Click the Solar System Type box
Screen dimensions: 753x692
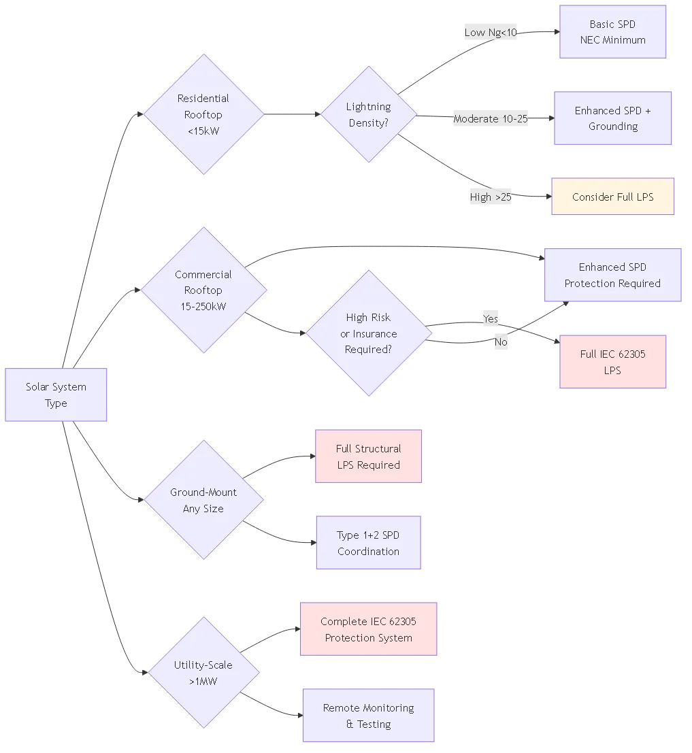[x=56, y=395]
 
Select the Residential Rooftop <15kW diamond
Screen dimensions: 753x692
[x=203, y=114]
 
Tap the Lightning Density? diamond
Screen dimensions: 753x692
[x=368, y=114]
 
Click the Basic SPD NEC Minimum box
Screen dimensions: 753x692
[x=612, y=32]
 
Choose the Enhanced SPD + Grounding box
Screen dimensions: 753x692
[x=612, y=118]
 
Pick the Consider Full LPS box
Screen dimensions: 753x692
[x=612, y=197]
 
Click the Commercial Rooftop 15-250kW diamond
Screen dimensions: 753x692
[x=203, y=290]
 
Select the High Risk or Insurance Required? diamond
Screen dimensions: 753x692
[x=368, y=333]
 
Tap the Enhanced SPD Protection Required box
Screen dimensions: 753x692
[x=612, y=275]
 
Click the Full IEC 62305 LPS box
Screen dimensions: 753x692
[x=612, y=362]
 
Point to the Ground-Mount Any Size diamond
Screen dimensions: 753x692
[x=203, y=500]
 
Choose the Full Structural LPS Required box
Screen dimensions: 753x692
[x=368, y=456]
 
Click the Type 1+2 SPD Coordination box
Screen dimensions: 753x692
[x=368, y=543]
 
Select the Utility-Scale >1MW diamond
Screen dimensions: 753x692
[x=203, y=673]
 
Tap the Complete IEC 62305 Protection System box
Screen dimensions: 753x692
[x=368, y=629]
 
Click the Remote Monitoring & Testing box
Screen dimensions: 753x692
[x=368, y=716]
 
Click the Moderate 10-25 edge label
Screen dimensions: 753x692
[x=490, y=118]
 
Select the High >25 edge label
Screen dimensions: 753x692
[x=490, y=197]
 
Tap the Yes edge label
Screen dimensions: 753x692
[x=490, y=318]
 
